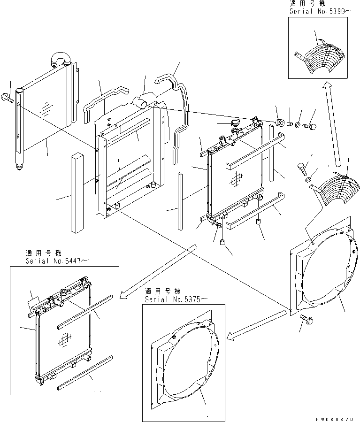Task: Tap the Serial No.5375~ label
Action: tap(175, 299)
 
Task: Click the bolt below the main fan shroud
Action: tap(307, 321)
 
